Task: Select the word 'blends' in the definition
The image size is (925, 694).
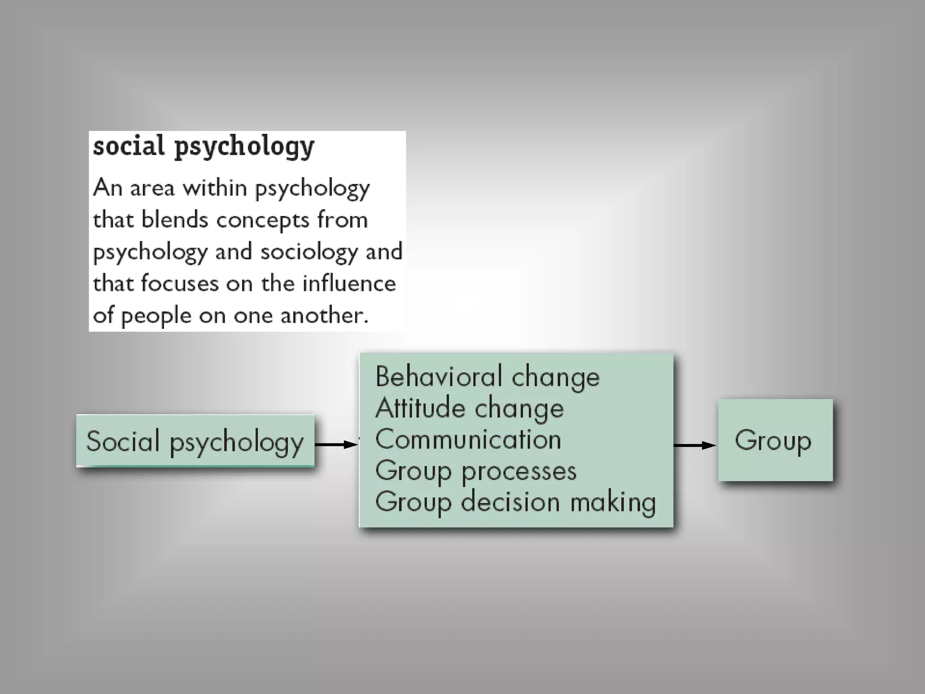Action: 174,220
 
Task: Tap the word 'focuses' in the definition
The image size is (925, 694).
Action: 180,284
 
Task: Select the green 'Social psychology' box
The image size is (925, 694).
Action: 195,441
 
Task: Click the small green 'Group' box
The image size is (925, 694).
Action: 775,440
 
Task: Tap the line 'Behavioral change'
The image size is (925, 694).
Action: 487,376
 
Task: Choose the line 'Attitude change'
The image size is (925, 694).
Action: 469,408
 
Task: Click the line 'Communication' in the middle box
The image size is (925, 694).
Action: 468,439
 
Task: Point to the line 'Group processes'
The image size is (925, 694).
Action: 476,471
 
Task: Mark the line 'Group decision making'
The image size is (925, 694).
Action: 515,502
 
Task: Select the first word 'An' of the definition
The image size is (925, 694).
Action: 107,187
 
